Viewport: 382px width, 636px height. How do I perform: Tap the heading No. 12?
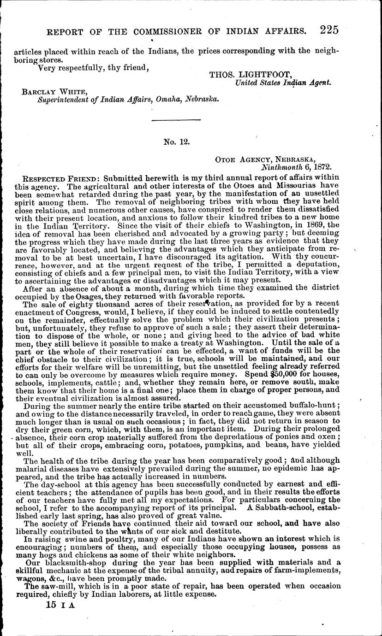coord(175,143)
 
